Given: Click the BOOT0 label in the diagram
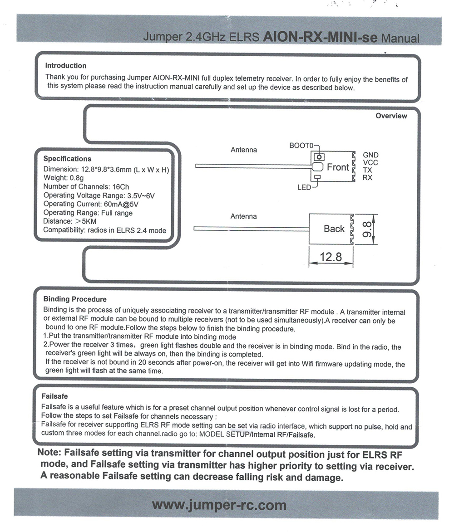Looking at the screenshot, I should pos(301,146).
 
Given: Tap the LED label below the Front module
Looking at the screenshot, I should pos(304,187).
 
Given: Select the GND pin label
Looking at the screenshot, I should pos(370,155).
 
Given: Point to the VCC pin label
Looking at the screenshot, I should pos(370,162).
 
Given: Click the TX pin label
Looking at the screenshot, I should pos(367,170).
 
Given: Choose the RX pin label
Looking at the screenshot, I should pos(367,178).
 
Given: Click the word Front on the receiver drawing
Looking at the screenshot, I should pos(338,167).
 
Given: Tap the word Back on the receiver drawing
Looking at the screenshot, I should pos(334,229).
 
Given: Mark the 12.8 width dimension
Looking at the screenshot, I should pos(331,257).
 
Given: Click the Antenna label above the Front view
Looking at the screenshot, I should pos(244,150).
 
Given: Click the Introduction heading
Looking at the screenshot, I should pos(66,66).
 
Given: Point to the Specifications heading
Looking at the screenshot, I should pos(67,159).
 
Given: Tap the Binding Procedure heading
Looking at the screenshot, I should pos(75,299).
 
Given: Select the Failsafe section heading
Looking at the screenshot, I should pos(54,396).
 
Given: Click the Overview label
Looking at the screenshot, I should pos(391,116).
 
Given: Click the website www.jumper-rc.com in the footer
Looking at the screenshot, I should pos(219,504).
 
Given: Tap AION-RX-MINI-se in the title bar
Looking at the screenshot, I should pos(320,37).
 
